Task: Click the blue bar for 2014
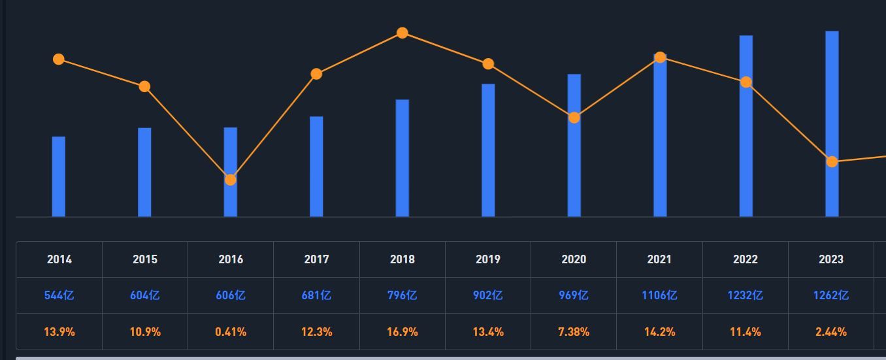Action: pyautogui.click(x=59, y=176)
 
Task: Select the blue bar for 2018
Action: pyautogui.click(x=402, y=158)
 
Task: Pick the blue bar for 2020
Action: pyautogui.click(x=574, y=170)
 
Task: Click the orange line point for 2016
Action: pyautogui.click(x=231, y=180)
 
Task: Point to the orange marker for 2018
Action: pyautogui.click(x=402, y=33)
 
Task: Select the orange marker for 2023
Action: pyautogui.click(x=832, y=161)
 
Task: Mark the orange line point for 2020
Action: pyautogui.click(x=574, y=118)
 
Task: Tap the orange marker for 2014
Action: pyautogui.click(x=59, y=59)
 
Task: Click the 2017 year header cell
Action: pyautogui.click(x=316, y=259)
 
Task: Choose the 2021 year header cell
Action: pyautogui.click(x=659, y=259)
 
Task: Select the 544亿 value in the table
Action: pyautogui.click(x=59, y=295)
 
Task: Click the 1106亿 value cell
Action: pyautogui.click(x=659, y=295)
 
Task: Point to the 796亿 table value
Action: pyautogui.click(x=402, y=295)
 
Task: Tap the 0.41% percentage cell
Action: pyautogui.click(x=231, y=332)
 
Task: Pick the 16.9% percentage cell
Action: pyautogui.click(x=402, y=332)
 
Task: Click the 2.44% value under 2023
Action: pyautogui.click(x=831, y=332)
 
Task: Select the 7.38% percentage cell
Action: pyautogui.click(x=574, y=332)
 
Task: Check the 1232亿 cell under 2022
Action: pyautogui.click(x=746, y=295)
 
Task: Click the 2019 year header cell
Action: pyautogui.click(x=488, y=259)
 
